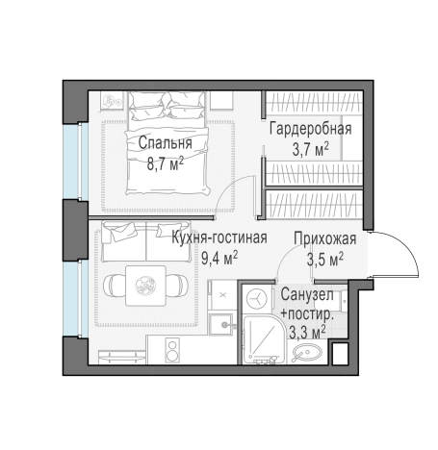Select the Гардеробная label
[309, 129]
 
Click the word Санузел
[308, 296]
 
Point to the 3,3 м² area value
[308, 332]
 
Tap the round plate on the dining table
[146, 285]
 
